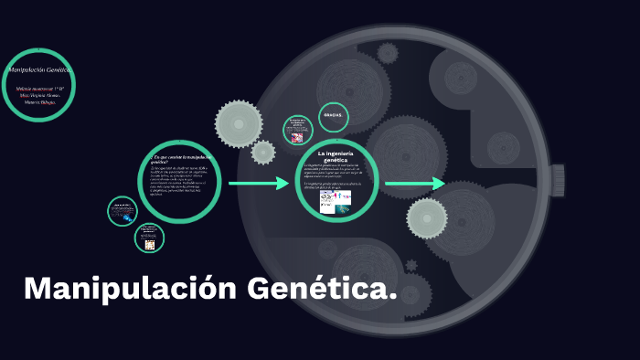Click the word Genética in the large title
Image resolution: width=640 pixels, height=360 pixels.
pyautogui.click(x=316, y=289)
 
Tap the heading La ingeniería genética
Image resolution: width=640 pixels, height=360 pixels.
pyautogui.click(x=336, y=154)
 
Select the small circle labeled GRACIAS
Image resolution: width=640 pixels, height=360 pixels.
pyautogui.click(x=334, y=118)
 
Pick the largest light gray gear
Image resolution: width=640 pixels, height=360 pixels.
pyautogui.click(x=239, y=122)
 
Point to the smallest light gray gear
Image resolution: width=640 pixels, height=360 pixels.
pyautogui.click(x=263, y=152)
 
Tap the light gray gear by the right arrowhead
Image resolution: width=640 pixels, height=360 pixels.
pyautogui.click(x=427, y=217)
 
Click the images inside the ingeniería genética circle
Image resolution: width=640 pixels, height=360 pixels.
pyautogui.click(x=336, y=203)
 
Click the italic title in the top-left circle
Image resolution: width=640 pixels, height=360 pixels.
pyautogui.click(x=39, y=70)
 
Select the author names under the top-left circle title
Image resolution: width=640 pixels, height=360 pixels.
pyautogui.click(x=38, y=95)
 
